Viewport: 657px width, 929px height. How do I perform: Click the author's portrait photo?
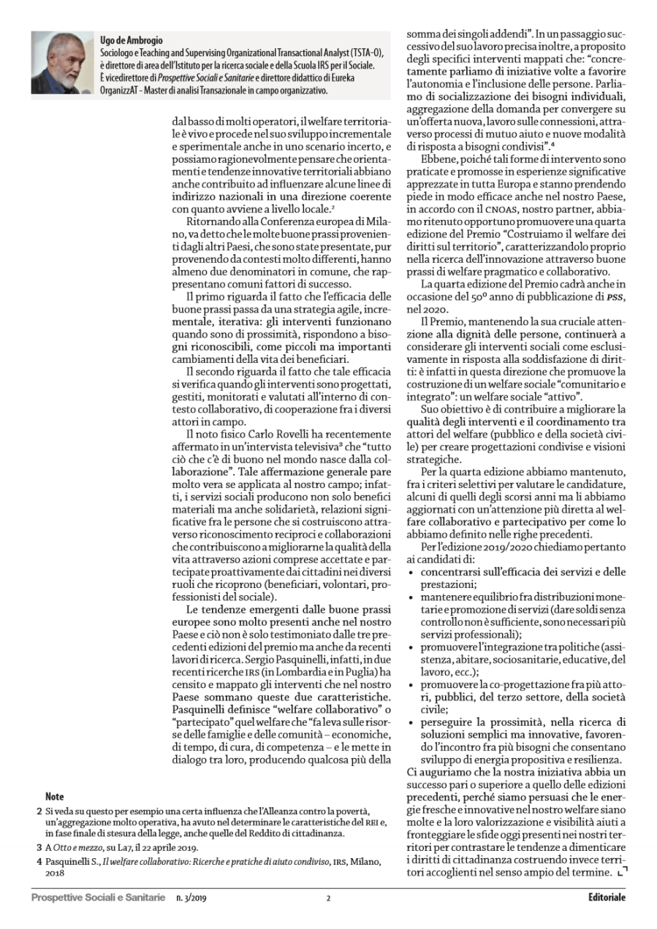click(64, 64)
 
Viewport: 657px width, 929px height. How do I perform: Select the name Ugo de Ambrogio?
click(132, 41)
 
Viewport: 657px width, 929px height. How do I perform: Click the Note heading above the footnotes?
click(54, 796)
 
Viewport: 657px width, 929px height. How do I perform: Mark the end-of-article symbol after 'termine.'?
click(622, 872)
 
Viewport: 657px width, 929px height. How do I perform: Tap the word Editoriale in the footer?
click(607, 897)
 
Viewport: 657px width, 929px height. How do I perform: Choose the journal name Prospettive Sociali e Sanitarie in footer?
click(98, 897)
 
